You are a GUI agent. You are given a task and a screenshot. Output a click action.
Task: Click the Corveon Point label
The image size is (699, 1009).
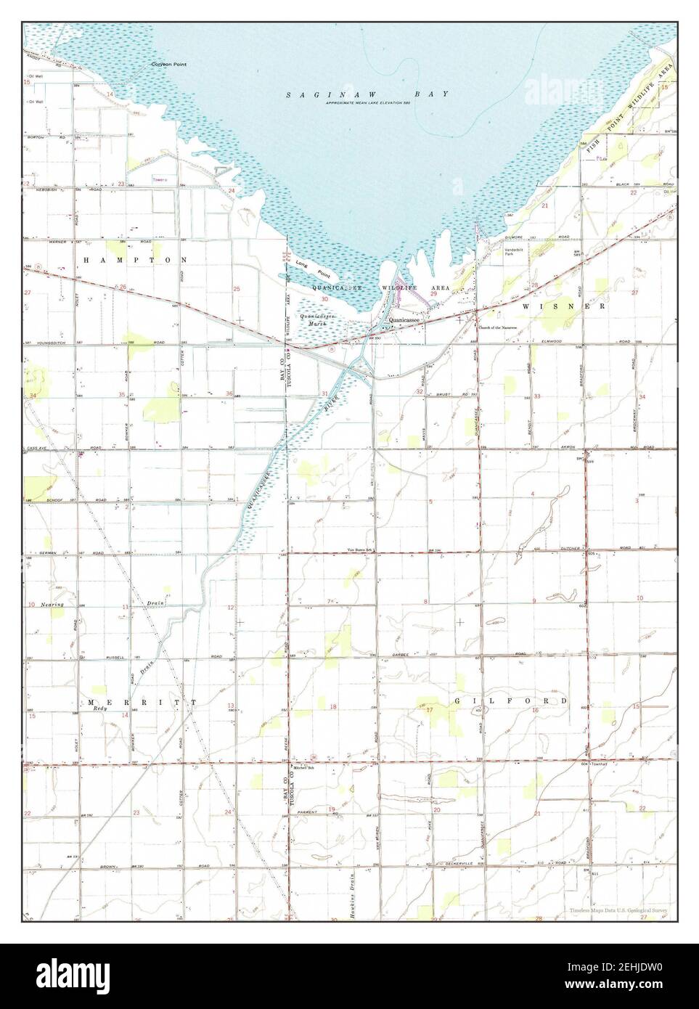pos(168,65)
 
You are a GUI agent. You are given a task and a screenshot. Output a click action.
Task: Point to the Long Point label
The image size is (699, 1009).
pos(313,269)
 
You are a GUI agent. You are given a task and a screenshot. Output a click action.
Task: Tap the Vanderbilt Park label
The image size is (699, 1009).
pos(514,253)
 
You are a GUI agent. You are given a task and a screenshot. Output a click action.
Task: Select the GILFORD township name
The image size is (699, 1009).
pos(511,702)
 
